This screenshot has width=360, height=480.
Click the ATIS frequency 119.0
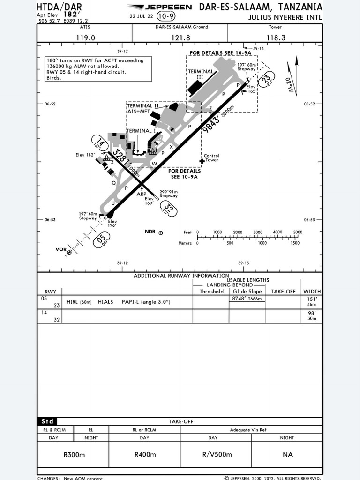click(85, 38)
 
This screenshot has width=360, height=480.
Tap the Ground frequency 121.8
click(180, 38)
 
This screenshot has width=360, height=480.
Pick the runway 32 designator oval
click(168, 209)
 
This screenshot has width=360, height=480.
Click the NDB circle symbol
click(161, 232)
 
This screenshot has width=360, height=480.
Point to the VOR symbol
click(69, 252)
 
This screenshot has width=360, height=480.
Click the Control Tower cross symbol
click(202, 161)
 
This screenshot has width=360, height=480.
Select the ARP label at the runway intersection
click(142, 194)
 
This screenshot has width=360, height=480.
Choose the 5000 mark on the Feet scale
click(298, 232)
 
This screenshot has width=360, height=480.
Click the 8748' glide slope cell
click(247, 299)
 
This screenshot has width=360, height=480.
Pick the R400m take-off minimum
click(144, 454)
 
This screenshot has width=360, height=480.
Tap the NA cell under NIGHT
click(287, 454)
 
